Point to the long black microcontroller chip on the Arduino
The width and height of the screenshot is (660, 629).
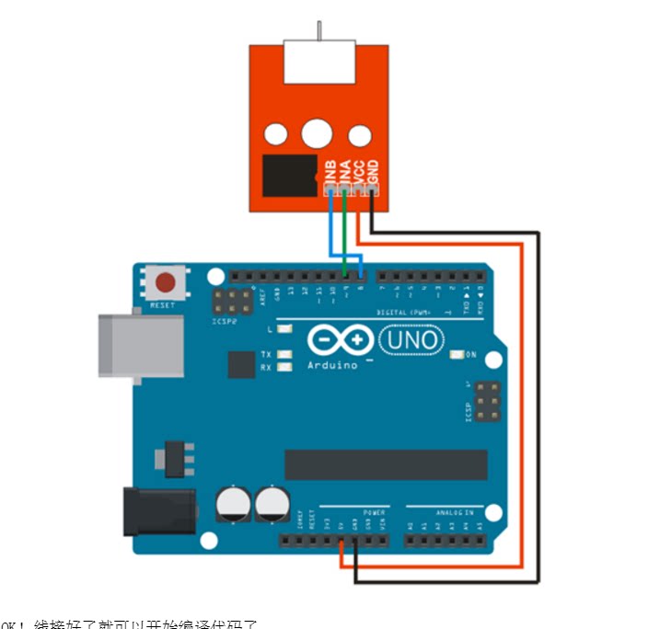[386, 465]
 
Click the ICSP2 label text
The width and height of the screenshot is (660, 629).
[225, 323]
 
